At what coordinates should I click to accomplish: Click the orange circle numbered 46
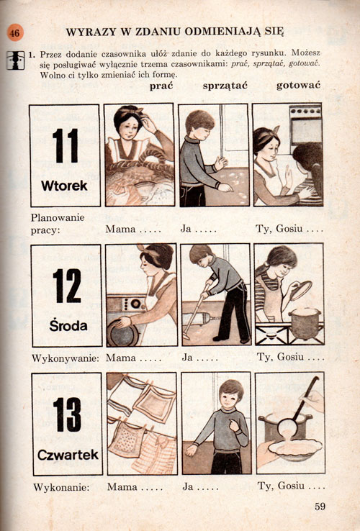[15, 33]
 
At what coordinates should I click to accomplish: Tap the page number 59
[320, 507]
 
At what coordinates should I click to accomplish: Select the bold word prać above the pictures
[161, 86]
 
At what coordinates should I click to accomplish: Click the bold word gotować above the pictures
[298, 86]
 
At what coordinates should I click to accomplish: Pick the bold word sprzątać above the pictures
[225, 86]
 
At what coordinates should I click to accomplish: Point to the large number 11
[66, 145]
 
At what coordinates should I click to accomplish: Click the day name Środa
[68, 325]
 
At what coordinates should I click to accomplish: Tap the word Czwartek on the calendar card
[68, 455]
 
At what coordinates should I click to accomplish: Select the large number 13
[67, 414]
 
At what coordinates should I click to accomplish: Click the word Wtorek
[64, 186]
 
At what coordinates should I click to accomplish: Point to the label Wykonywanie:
[66, 358]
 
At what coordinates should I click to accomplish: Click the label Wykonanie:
[61, 488]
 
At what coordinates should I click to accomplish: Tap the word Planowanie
[58, 218]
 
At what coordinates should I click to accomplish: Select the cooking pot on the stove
[305, 323]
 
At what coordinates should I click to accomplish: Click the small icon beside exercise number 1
[15, 60]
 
